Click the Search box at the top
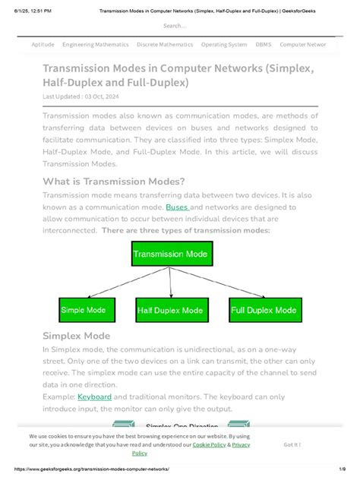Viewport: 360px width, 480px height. point(179,26)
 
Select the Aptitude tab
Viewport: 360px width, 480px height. point(43,45)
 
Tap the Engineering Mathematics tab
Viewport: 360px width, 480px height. point(96,45)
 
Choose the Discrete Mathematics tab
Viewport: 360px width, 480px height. point(165,45)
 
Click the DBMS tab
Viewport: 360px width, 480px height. point(264,45)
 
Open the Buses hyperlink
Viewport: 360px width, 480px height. point(177,207)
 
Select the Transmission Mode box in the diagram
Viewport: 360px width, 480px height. point(172,254)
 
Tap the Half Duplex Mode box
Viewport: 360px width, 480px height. point(169,310)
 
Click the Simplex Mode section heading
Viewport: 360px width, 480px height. point(76,336)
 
